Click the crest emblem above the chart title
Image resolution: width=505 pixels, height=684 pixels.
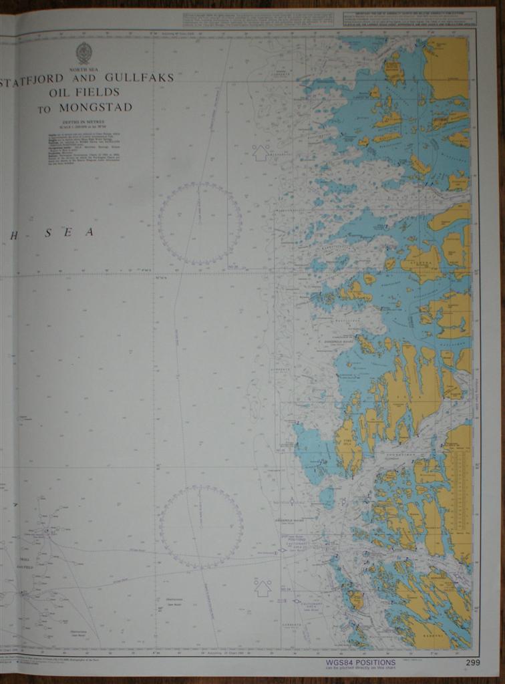click(83, 53)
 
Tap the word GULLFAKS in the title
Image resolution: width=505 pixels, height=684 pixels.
click(140, 77)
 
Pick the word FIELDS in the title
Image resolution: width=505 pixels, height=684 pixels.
click(98, 92)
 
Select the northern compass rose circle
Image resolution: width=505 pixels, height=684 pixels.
click(200, 223)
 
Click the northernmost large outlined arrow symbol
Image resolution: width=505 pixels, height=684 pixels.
click(261, 152)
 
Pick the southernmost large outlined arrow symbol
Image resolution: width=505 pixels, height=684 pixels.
click(263, 588)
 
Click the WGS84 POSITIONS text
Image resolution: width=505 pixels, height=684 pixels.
click(361, 663)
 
